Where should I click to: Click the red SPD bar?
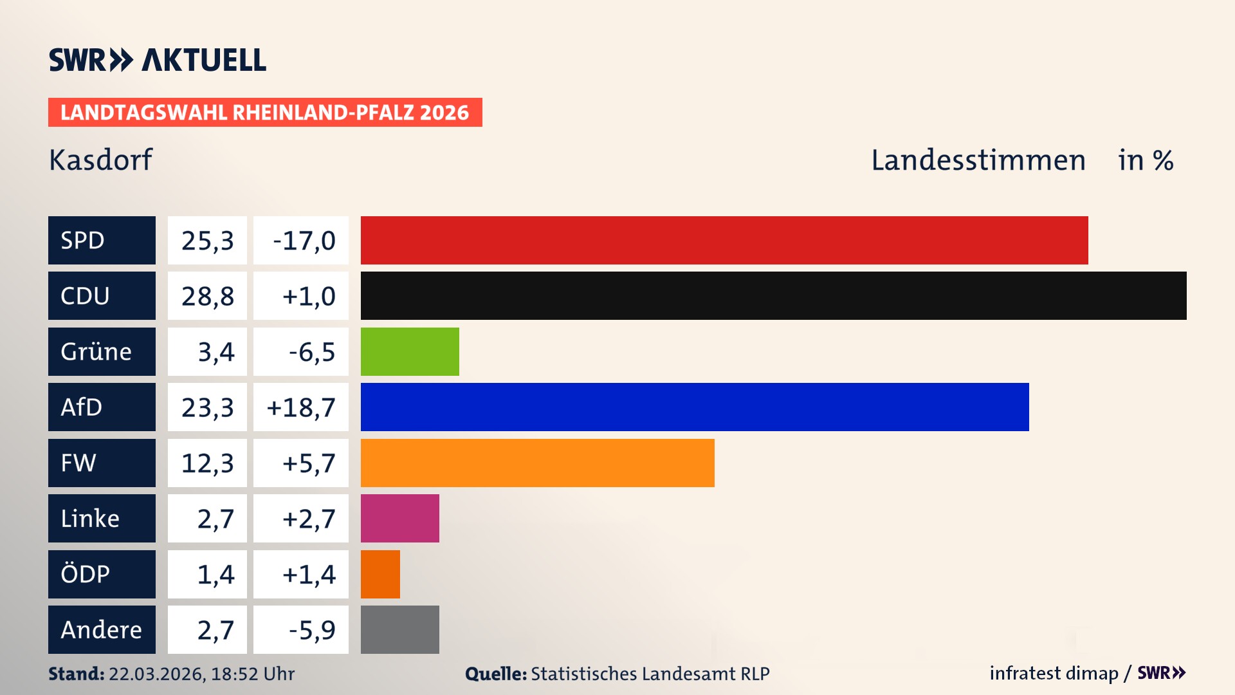pyautogui.click(x=724, y=240)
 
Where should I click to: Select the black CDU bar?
pyautogui.click(x=773, y=295)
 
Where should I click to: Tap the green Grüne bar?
pyautogui.click(x=410, y=351)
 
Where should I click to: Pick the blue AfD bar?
pyautogui.click(x=695, y=407)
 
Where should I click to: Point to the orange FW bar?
pyautogui.click(x=537, y=463)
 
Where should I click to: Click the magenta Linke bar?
pyautogui.click(x=399, y=518)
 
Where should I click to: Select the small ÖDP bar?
pyautogui.click(x=380, y=574)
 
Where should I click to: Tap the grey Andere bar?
pyautogui.click(x=399, y=629)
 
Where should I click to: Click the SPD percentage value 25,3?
pyautogui.click(x=207, y=240)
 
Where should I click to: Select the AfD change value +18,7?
pyautogui.click(x=301, y=407)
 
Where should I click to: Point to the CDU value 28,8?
pyautogui.click(x=207, y=295)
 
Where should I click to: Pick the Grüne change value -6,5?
pyautogui.click(x=312, y=351)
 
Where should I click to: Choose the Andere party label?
pyautogui.click(x=102, y=629)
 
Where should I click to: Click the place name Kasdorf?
pyautogui.click(x=101, y=160)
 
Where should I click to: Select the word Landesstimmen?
pyautogui.click(x=978, y=160)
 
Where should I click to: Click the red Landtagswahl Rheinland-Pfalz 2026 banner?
pyautogui.click(x=265, y=112)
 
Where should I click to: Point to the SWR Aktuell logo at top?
pyautogui.click(x=158, y=60)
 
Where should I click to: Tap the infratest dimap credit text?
pyautogui.click(x=1054, y=673)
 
